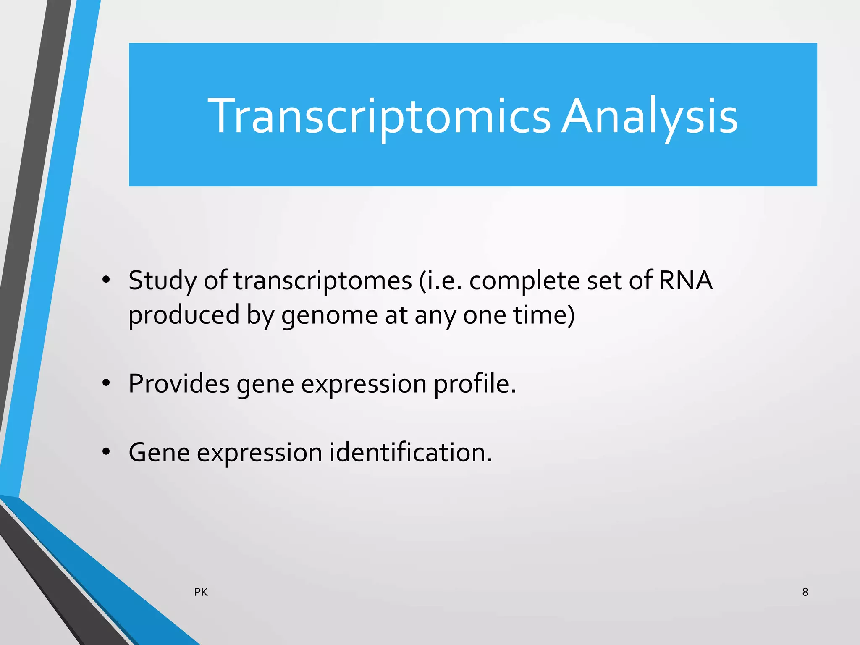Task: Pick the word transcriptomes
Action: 322,281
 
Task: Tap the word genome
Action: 330,316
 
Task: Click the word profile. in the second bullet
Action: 475,384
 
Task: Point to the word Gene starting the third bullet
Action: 159,453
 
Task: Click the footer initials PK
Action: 201,592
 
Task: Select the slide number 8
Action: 805,592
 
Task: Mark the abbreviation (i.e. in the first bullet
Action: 440,281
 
